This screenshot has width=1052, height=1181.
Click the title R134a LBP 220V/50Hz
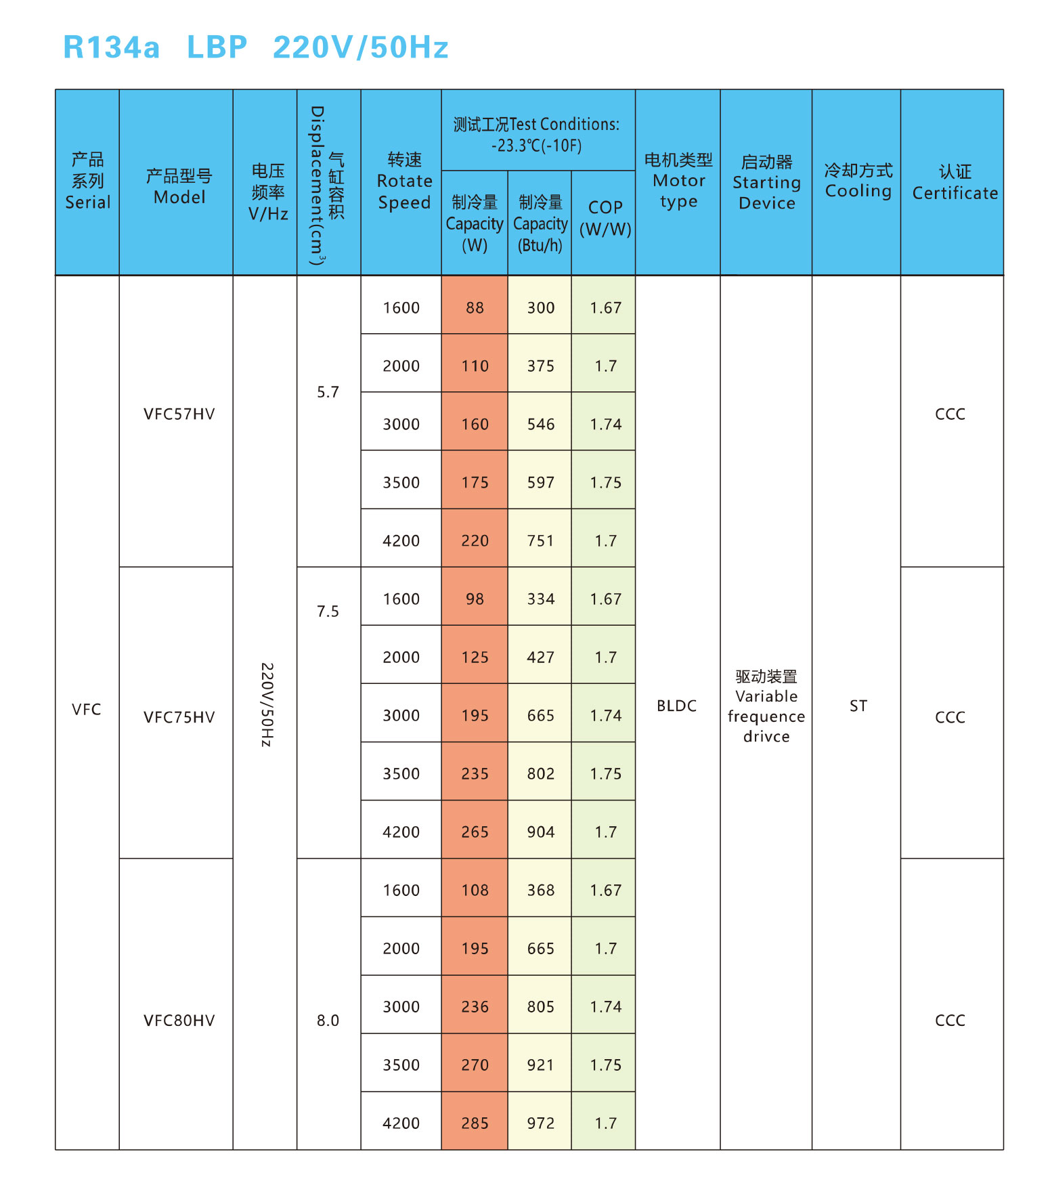point(255,47)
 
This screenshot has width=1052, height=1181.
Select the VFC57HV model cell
point(179,414)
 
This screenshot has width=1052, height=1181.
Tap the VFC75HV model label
point(179,717)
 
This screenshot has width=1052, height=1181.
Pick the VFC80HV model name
point(179,1021)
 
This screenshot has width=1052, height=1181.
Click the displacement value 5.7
point(328,392)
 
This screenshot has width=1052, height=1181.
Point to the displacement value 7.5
point(328,611)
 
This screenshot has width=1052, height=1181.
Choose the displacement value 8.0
point(328,1021)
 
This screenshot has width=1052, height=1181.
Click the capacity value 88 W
point(475,308)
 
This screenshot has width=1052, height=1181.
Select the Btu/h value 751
point(540,541)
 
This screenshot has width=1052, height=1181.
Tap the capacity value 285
point(475,1123)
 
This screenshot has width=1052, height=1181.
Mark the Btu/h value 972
point(540,1123)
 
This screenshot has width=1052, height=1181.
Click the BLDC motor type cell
point(676,706)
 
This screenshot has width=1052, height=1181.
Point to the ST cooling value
point(858,706)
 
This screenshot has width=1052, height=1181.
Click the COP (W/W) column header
point(605,218)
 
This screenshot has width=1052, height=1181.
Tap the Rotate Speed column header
point(404,181)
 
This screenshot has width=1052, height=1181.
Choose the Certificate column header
point(955,183)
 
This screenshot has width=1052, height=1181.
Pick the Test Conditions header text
point(536,135)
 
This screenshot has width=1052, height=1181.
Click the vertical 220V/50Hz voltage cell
point(266,705)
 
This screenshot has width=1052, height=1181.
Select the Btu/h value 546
point(540,425)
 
